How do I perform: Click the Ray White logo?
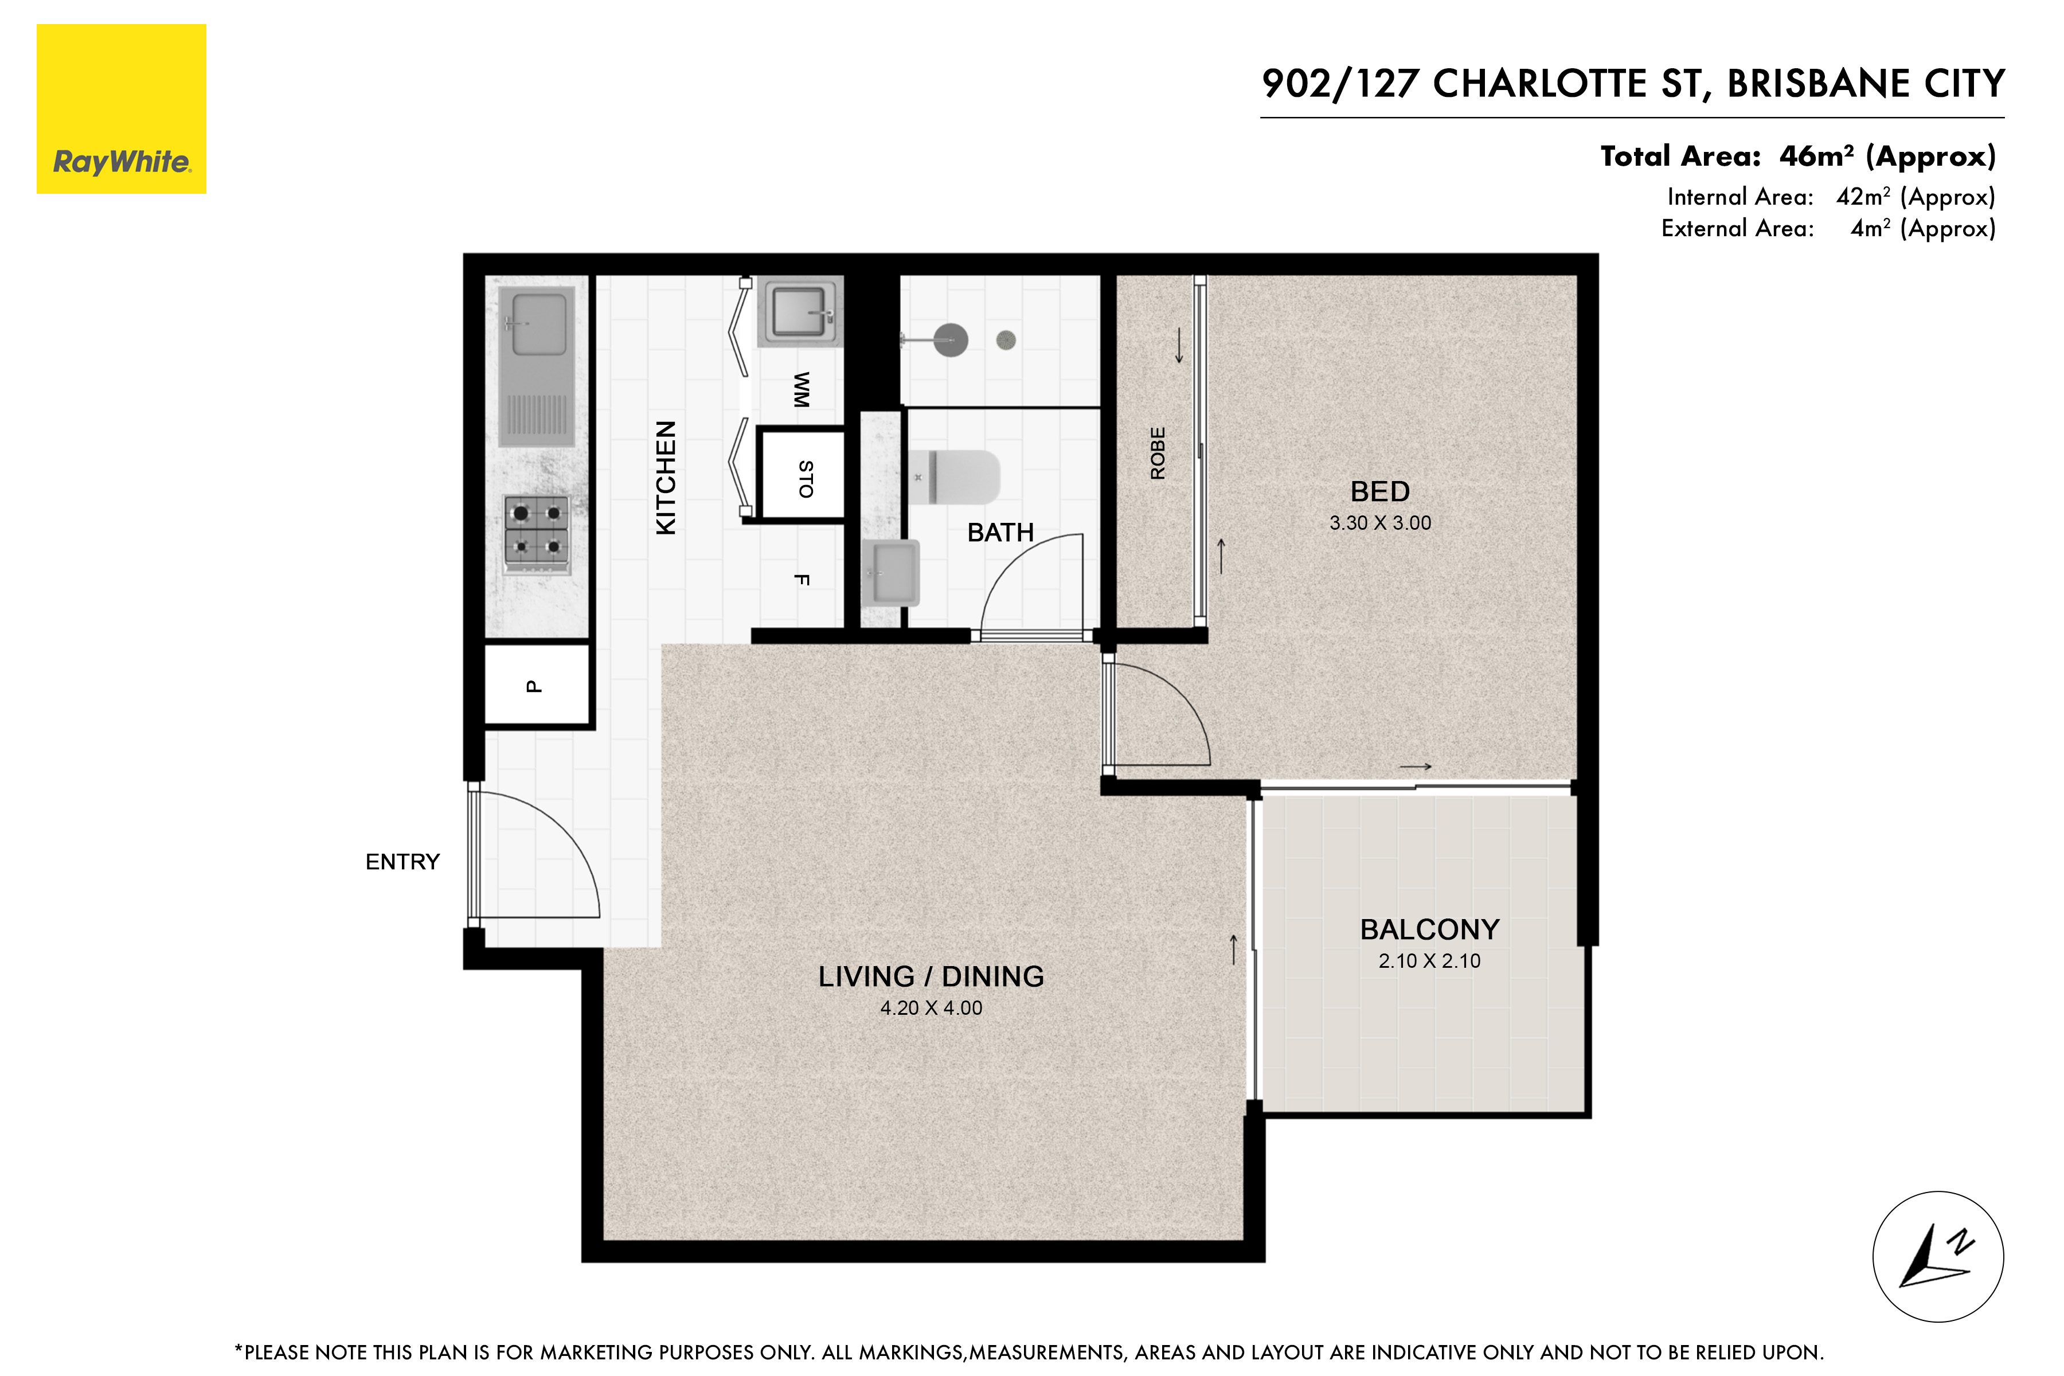121,109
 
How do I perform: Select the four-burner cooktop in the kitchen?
536,529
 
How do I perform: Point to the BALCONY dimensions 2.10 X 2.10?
1429,961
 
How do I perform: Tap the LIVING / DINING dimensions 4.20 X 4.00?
931,1008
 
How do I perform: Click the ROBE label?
1158,453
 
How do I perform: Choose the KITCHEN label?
666,478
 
